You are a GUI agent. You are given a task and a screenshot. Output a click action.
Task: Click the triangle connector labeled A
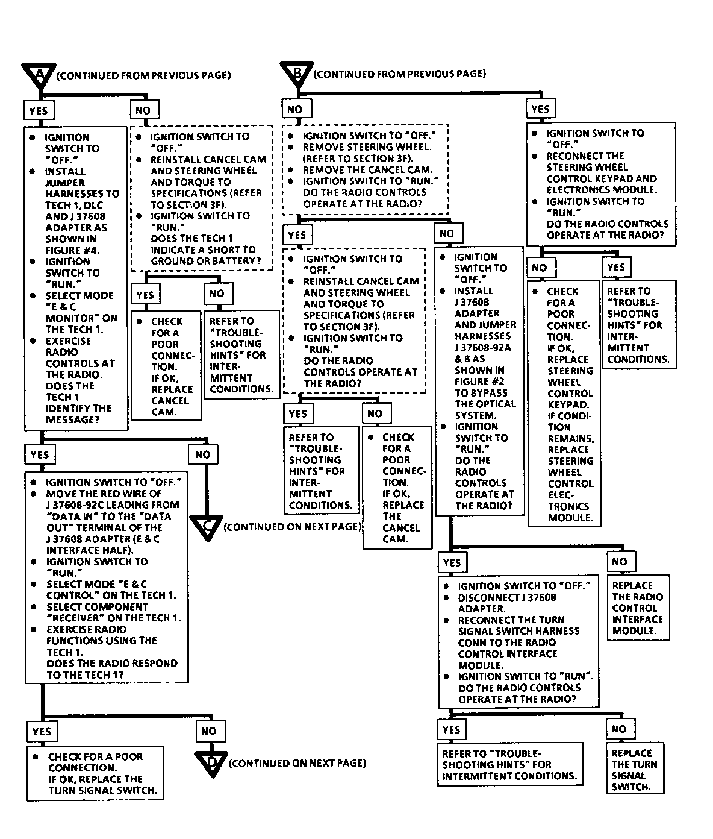39,74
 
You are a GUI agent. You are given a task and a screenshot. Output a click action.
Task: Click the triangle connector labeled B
297,73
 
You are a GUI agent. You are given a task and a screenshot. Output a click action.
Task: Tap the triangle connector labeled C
207,526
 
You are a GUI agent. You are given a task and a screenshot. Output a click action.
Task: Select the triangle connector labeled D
211,763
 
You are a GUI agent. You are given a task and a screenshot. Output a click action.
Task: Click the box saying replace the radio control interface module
638,609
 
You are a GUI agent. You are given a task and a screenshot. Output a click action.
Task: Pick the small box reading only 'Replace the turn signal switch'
635,770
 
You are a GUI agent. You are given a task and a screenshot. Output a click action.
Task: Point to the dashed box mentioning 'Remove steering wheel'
366,169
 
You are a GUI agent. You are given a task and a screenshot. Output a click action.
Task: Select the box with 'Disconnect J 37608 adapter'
518,642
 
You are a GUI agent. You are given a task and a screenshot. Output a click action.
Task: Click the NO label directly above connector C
202,454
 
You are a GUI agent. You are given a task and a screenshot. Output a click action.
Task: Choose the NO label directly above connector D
209,731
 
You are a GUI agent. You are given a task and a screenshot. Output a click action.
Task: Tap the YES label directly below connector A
39,110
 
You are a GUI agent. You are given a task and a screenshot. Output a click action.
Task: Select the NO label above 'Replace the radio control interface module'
619,562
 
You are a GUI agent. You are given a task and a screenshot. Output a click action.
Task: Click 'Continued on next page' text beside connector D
297,763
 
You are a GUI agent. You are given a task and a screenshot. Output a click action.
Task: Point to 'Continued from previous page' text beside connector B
400,74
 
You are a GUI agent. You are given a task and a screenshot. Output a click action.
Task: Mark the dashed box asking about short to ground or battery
199,199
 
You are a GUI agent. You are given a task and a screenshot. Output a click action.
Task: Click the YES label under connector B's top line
540,109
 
